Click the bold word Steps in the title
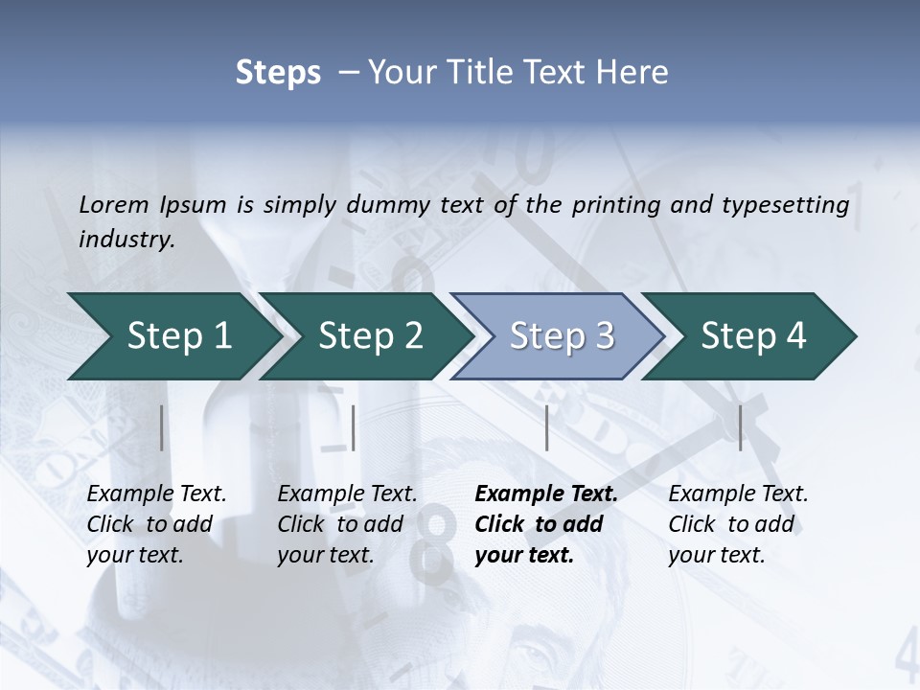click(x=278, y=73)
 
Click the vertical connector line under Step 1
click(x=161, y=427)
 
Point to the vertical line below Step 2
click(x=354, y=427)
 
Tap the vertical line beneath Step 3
click(x=546, y=427)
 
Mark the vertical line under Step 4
click(x=740, y=427)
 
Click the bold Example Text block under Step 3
click(x=545, y=524)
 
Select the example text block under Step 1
click(x=156, y=524)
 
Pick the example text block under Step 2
click(x=347, y=524)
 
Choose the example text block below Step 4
click(x=738, y=524)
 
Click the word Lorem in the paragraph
click(x=114, y=204)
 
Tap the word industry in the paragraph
click(x=126, y=240)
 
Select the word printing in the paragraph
click(x=616, y=204)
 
